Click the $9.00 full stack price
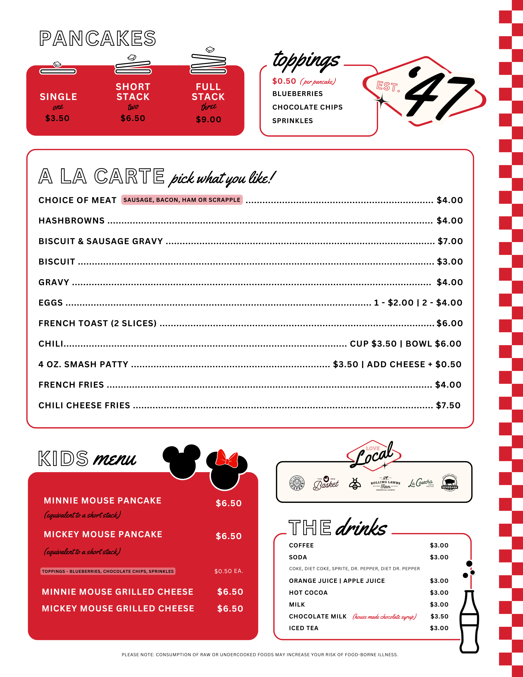click(x=208, y=120)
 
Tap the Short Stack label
click(x=133, y=92)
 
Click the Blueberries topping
click(x=297, y=94)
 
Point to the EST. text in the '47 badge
click(x=388, y=86)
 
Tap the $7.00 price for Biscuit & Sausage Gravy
click(x=450, y=241)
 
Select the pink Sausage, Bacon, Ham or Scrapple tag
click(x=182, y=200)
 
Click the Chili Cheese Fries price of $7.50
click(x=448, y=405)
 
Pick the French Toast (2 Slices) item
click(x=97, y=323)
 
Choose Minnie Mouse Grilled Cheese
click(x=117, y=592)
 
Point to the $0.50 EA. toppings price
click(x=228, y=571)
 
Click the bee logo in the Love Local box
click(x=355, y=483)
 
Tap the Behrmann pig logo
click(x=449, y=483)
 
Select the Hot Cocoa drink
click(x=308, y=593)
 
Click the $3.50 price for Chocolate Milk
click(x=439, y=616)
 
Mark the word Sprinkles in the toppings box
click(x=292, y=121)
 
